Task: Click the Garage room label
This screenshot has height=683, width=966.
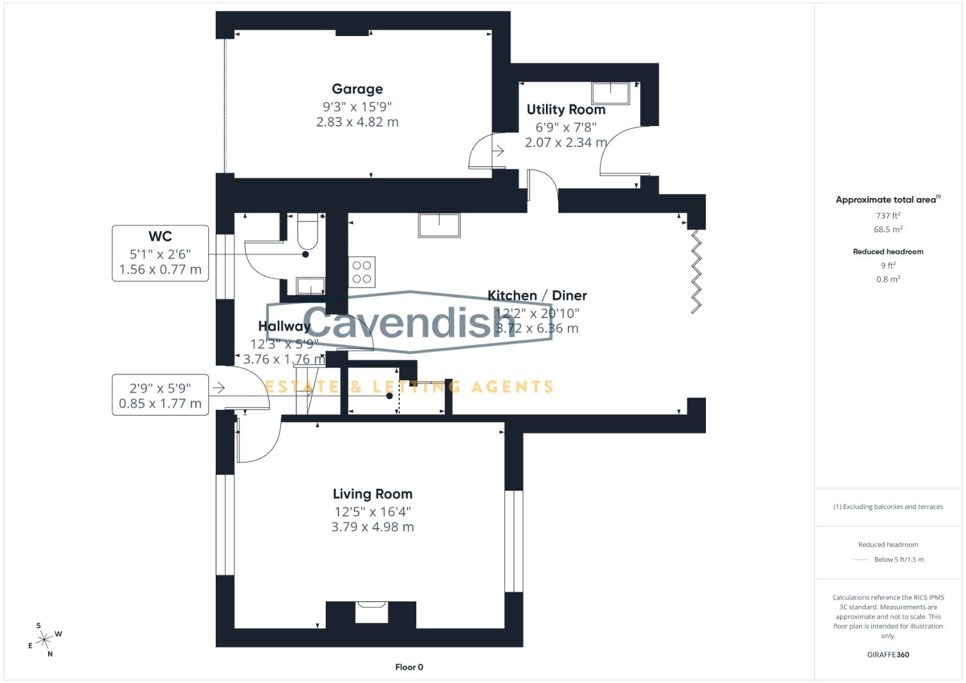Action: (357, 89)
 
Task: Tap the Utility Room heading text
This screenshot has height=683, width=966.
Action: (566, 109)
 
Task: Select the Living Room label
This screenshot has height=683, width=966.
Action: (372, 494)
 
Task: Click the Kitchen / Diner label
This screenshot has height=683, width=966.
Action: (536, 295)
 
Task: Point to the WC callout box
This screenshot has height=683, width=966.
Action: (160, 253)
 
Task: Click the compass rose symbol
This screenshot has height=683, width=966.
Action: (44, 640)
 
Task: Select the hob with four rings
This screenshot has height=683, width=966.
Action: (362, 272)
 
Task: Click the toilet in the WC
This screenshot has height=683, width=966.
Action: (307, 231)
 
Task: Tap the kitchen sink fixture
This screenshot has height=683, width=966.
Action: (438, 225)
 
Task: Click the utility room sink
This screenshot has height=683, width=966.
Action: (610, 93)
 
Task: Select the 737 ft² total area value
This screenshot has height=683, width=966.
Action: (888, 216)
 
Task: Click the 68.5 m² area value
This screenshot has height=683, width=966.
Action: (888, 230)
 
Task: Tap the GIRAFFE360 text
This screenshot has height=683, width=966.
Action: (888, 655)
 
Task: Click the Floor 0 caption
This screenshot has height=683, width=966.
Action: (409, 667)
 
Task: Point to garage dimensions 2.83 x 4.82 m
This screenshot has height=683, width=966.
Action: (357, 122)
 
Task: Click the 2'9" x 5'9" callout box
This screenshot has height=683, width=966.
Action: (160, 395)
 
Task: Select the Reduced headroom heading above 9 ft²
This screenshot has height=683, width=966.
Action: (888, 252)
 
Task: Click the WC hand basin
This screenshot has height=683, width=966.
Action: (310, 286)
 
